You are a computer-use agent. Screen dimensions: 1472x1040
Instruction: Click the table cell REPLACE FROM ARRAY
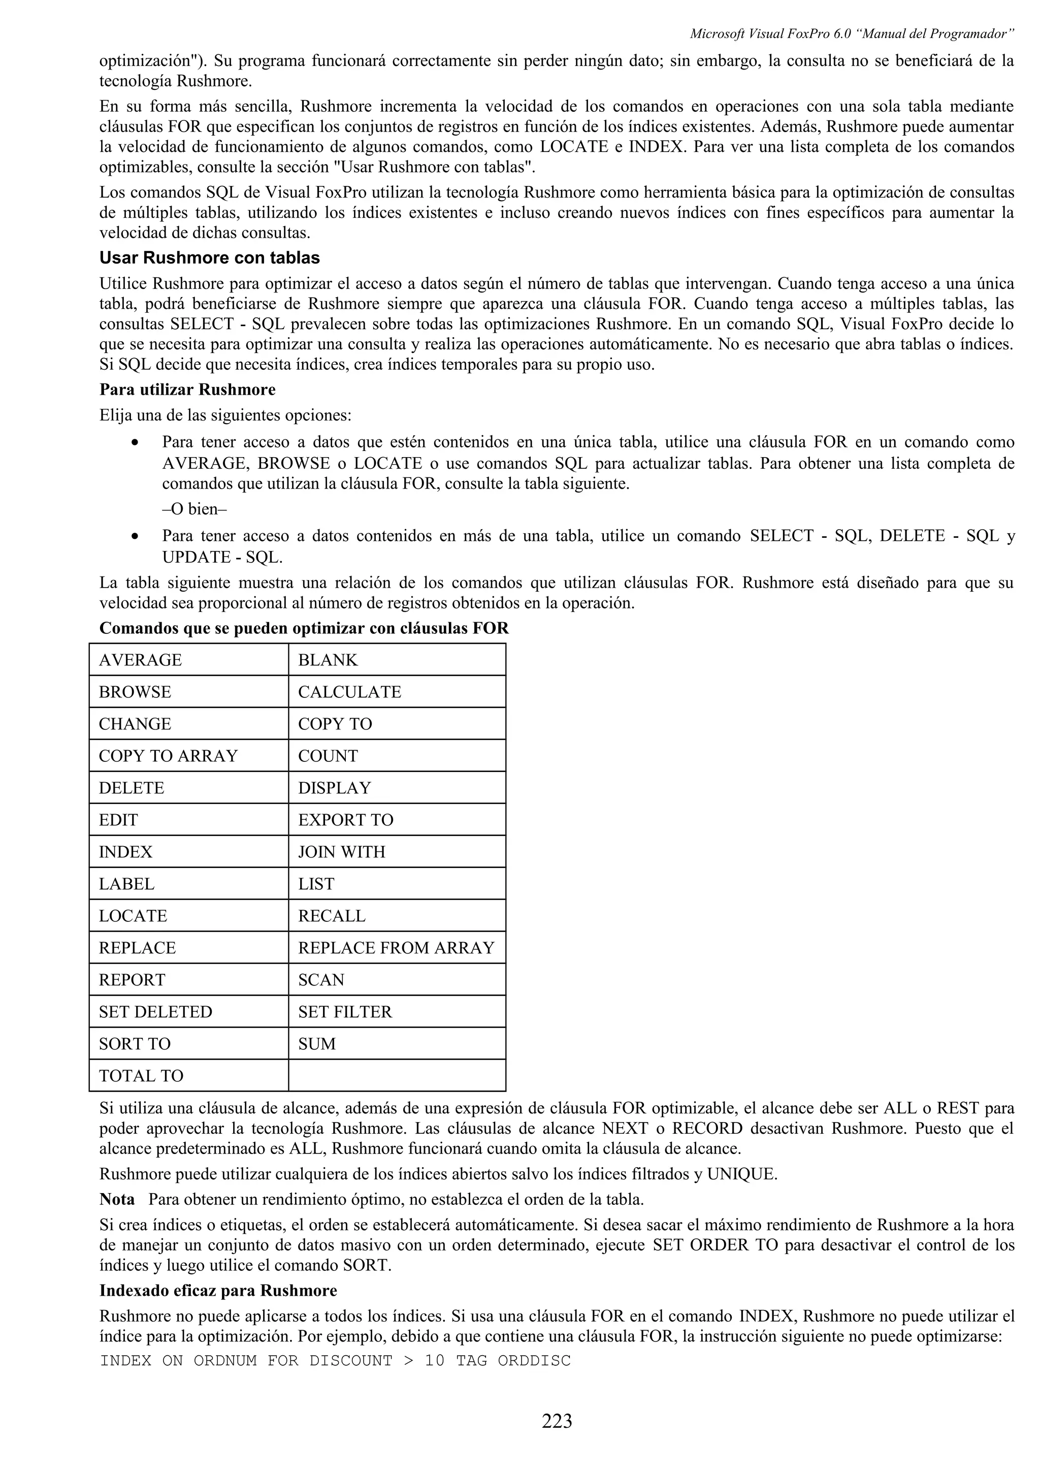(x=396, y=948)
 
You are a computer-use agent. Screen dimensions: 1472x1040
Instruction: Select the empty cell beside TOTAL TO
(x=397, y=1076)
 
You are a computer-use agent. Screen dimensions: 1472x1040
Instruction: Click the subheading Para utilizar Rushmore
(x=187, y=390)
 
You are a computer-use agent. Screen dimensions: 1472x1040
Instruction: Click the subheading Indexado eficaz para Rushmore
(x=218, y=1290)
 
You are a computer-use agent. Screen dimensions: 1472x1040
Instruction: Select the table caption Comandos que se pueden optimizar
(x=304, y=628)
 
